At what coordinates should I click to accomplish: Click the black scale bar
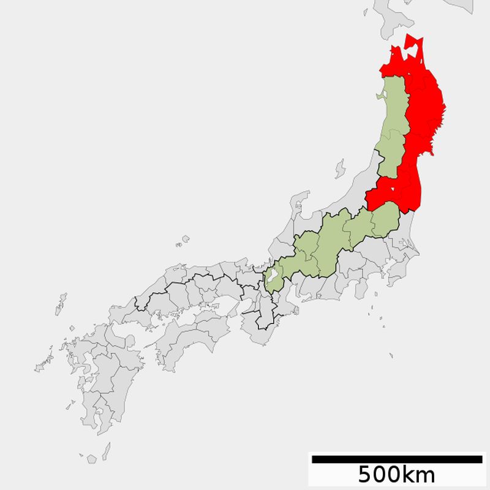point(396,459)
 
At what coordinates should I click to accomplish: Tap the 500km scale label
point(396,474)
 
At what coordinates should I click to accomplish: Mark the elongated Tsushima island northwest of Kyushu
point(61,304)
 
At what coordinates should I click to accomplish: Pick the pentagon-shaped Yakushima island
point(92,459)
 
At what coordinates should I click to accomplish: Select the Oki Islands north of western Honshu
point(183,241)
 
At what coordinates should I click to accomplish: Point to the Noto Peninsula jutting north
point(300,205)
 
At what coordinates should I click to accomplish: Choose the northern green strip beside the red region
point(392,123)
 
